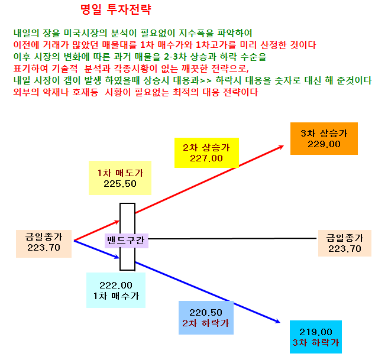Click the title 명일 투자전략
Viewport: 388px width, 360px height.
[x=115, y=10]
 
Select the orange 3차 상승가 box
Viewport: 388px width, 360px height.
[x=324, y=138]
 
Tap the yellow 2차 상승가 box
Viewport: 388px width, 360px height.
[x=206, y=153]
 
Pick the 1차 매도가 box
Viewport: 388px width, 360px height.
[x=120, y=178]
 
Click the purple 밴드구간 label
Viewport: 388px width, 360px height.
[x=127, y=241]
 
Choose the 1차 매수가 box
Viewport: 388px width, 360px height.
[x=116, y=290]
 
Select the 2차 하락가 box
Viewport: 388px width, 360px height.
[x=206, y=317]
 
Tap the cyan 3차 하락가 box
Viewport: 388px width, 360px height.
[x=316, y=337]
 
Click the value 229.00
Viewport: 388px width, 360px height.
[x=324, y=144]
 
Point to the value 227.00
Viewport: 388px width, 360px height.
[x=206, y=158]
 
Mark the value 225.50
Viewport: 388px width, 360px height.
[x=120, y=184]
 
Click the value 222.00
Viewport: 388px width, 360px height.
[x=116, y=286]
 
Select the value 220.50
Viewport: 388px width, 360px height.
[x=206, y=313]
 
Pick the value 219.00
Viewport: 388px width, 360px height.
[x=316, y=332]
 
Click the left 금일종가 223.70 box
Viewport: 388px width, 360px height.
[x=44, y=244]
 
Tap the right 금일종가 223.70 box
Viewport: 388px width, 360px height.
[x=345, y=244]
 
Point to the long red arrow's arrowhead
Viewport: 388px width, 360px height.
[x=281, y=147]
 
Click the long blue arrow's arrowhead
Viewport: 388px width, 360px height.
[x=277, y=321]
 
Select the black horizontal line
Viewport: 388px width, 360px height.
[x=232, y=239]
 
